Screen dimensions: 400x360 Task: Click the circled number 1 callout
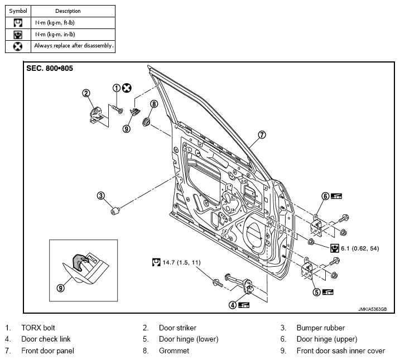pos(117,88)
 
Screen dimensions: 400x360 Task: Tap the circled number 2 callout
pos(86,93)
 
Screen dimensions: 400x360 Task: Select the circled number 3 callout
pos(101,196)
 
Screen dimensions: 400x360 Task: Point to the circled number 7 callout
pos(262,135)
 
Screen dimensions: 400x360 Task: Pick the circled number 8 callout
pos(154,104)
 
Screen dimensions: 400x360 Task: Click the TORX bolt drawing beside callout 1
pos(117,109)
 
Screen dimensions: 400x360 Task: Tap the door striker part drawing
pos(97,115)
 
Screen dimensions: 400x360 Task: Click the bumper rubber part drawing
pos(115,211)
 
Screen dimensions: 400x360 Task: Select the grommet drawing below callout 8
pos(146,122)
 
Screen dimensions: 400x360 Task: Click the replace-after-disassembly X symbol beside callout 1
pos(127,88)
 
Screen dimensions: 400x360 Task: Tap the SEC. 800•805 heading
pos(50,69)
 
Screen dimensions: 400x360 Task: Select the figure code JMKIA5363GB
pos(373,309)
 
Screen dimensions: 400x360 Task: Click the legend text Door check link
pos(46,339)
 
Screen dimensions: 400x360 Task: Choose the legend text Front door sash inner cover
pos(341,351)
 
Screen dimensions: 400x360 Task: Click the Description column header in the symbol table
pos(68,11)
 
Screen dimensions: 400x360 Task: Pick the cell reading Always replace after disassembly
pos(74,46)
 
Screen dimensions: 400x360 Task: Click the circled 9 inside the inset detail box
pos(60,288)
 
